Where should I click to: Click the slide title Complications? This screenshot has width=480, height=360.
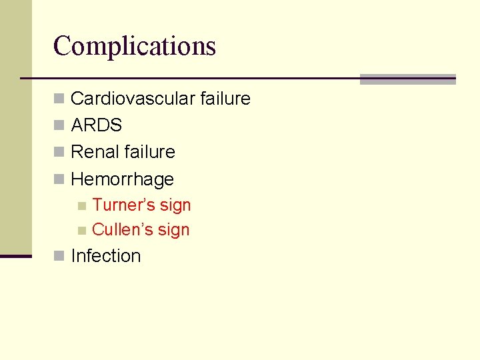135,46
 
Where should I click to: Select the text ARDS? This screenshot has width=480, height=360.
96,125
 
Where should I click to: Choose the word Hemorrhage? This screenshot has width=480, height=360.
122,179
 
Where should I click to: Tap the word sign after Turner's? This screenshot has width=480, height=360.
174,206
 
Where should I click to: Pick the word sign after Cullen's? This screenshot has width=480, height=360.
173,231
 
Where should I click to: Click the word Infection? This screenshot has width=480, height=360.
105,256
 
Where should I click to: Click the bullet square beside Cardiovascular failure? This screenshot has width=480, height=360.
59,99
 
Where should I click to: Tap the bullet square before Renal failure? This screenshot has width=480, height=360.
59,153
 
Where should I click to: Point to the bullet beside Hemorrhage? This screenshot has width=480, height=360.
59,179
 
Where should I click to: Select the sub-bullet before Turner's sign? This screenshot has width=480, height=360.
81,206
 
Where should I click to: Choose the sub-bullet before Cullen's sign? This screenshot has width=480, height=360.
81,231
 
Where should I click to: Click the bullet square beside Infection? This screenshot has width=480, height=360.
59,256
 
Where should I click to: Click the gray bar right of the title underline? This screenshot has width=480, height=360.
407,79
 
